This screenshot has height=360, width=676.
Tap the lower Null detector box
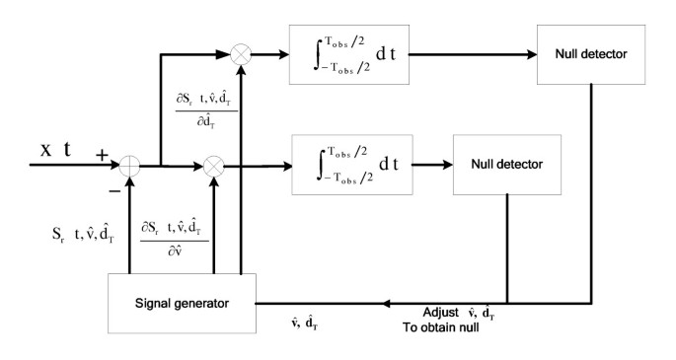pyautogui.click(x=505, y=163)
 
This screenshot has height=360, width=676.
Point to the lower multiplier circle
pyautogui.click(x=211, y=164)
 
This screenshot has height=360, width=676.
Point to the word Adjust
pyautogui.click(x=440, y=310)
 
